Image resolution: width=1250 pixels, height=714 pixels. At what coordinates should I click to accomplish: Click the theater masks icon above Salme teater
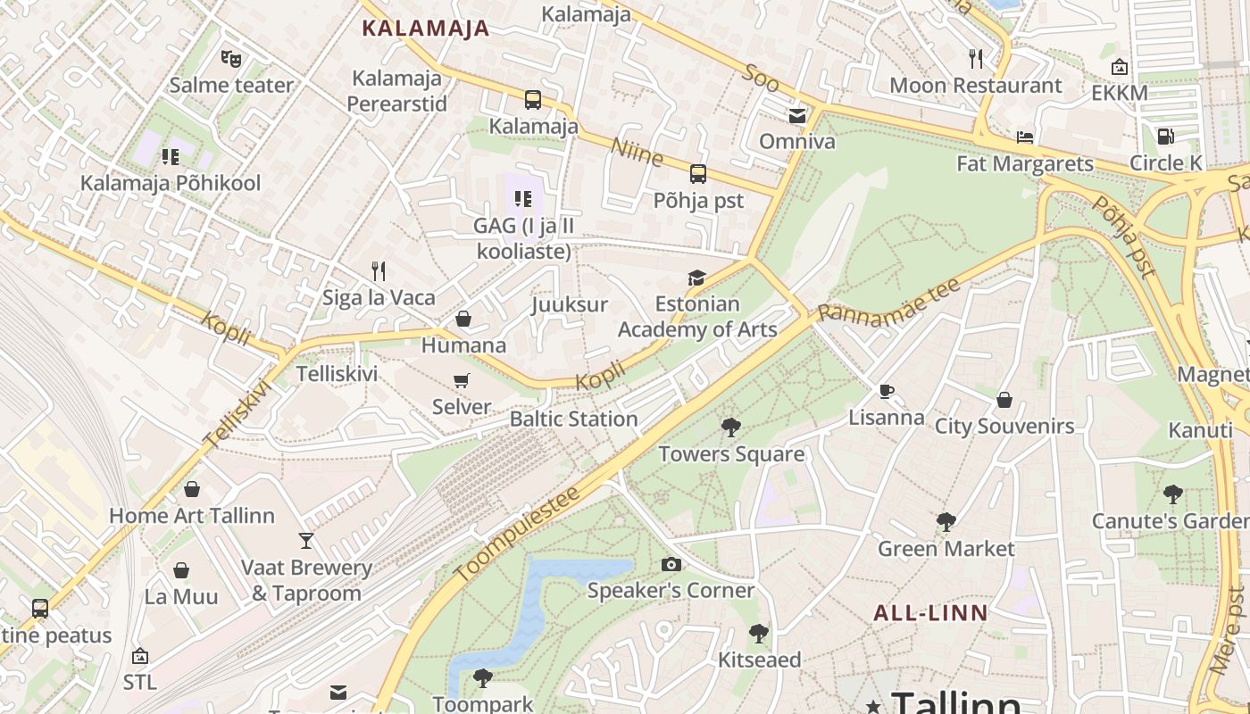coord(231,60)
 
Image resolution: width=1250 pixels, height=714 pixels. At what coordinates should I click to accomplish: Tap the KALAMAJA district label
coord(425,28)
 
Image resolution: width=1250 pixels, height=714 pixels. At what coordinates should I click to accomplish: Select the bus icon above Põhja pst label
coord(698,174)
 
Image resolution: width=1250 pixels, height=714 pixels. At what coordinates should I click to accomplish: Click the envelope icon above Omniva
coord(796,115)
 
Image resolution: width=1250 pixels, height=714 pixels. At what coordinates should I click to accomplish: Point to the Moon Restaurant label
coord(976,86)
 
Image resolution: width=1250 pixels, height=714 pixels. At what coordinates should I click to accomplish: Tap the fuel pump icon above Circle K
coord(1165,137)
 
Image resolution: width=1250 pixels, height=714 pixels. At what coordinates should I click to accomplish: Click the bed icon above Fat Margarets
coord(1025,137)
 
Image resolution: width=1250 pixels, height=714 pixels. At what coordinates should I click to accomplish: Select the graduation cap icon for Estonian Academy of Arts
coord(696,278)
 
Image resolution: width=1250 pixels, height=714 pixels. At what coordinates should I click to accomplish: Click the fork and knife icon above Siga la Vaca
coord(379,270)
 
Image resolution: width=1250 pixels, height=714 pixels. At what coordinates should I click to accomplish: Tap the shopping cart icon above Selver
coord(462,381)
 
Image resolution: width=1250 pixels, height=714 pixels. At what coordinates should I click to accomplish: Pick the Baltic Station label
coord(573,419)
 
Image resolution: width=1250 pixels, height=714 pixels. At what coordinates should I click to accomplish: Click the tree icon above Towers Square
coord(731,428)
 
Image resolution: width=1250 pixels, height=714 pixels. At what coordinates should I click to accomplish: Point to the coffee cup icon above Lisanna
coord(886,391)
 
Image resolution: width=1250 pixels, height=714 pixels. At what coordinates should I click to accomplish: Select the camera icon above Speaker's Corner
coord(671,564)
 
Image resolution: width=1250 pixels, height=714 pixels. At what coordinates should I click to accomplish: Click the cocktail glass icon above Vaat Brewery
coord(306,541)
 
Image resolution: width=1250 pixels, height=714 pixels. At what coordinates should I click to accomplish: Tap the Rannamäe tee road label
coord(889,301)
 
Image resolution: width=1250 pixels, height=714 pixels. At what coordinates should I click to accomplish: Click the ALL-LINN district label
coord(930,613)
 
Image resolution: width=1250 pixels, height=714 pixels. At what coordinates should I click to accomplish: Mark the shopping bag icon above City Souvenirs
coord(1004,400)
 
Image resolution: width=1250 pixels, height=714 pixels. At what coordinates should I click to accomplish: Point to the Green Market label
coord(946,548)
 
